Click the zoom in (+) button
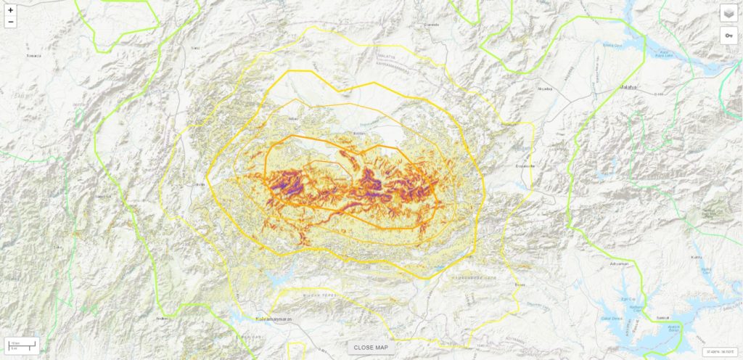click(x=10, y=10)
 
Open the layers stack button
click(x=728, y=13)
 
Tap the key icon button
click(x=728, y=36)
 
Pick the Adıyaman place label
click(x=618, y=263)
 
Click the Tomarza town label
click(x=33, y=55)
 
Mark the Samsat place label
click(x=641, y=317)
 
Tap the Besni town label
click(x=520, y=284)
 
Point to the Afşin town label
click(x=293, y=118)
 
